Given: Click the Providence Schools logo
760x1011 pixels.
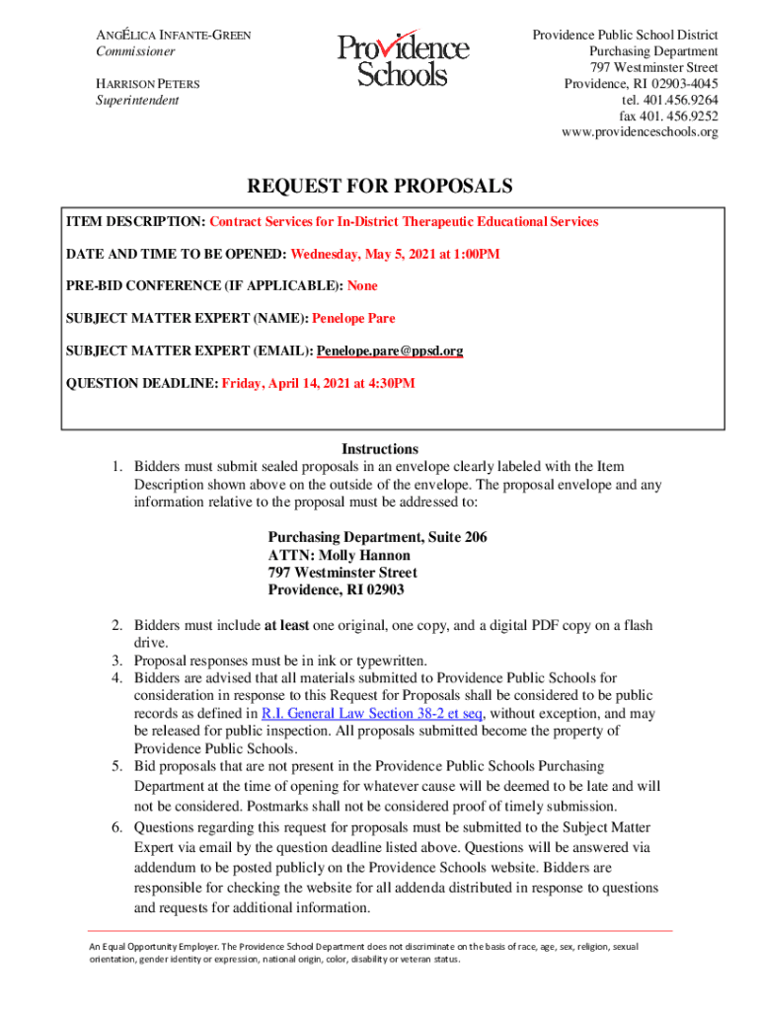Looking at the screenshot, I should pyautogui.click(x=403, y=60).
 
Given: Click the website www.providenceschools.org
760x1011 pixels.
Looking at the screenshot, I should pyautogui.click(x=639, y=131).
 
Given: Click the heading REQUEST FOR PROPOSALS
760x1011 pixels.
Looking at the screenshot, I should pyautogui.click(x=380, y=187).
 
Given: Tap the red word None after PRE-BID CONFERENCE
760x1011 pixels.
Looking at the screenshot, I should pyautogui.click(x=362, y=285).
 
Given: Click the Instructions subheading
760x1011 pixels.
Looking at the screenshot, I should pyautogui.click(x=380, y=448).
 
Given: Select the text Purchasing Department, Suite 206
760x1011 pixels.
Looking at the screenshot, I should pyautogui.click(x=377, y=537).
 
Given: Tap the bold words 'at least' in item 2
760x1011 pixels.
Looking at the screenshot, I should pyautogui.click(x=287, y=626).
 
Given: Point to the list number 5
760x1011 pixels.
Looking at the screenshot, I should pyautogui.click(x=115, y=766).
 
